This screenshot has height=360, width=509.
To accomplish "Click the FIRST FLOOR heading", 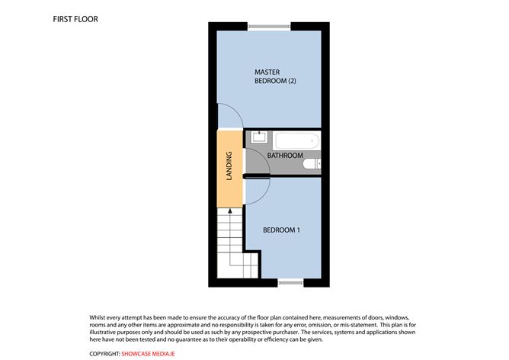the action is click(x=75, y=19).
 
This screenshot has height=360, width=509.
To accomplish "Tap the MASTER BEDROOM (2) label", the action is click(x=275, y=76).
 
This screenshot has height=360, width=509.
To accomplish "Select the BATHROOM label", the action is click(x=285, y=156).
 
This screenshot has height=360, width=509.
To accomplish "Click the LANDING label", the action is click(x=229, y=166).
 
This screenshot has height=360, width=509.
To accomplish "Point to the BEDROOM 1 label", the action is click(x=281, y=230).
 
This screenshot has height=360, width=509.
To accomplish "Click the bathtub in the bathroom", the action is click(x=297, y=141).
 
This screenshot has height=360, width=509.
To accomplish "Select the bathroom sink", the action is click(x=259, y=137).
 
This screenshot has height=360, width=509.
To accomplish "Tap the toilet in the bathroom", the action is click(x=312, y=164).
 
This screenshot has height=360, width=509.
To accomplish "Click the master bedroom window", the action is click(x=269, y=27).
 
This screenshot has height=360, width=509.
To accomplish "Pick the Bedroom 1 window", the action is click(x=290, y=283).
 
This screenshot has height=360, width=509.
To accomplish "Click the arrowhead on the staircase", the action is click(x=230, y=211).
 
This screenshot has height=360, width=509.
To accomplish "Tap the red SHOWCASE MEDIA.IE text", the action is click(x=148, y=354).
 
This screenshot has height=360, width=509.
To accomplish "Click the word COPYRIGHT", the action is click(x=104, y=354).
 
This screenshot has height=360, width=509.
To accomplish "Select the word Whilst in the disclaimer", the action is click(x=98, y=317).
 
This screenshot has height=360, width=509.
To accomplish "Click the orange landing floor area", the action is click(x=230, y=169).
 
